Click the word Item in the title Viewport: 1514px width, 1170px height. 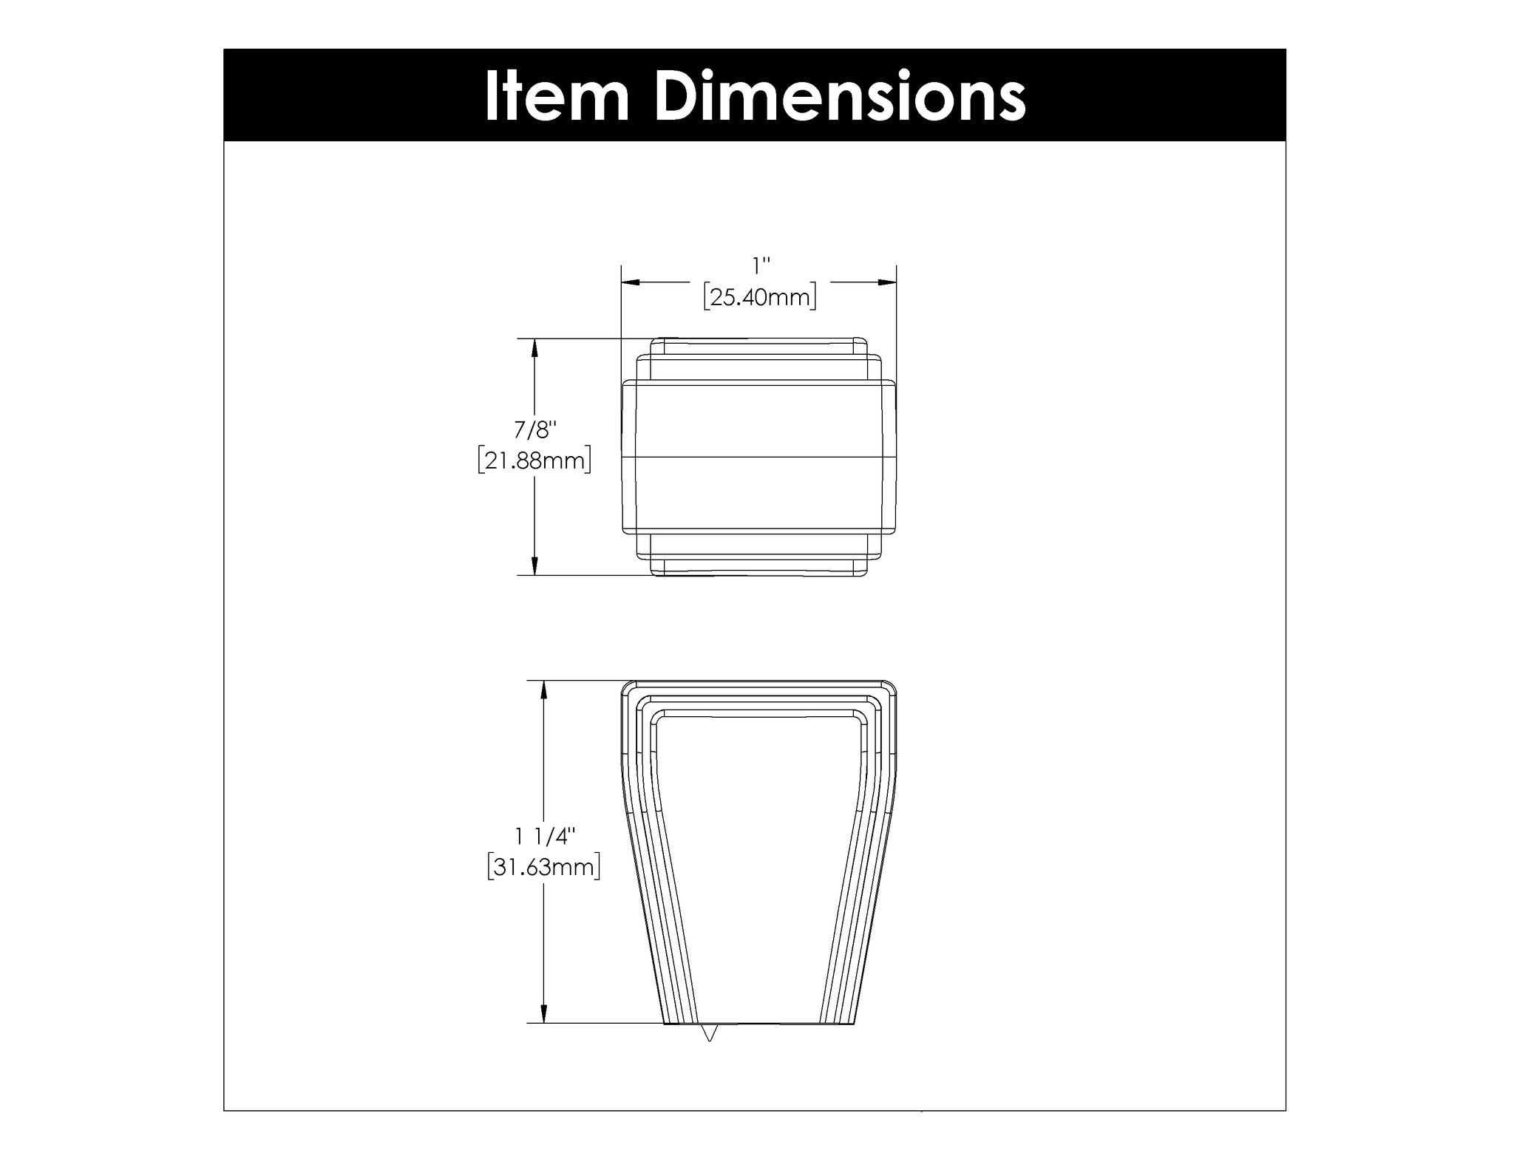[557, 96]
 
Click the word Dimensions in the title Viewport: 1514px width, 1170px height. [840, 96]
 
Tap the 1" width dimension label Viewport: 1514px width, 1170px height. [761, 265]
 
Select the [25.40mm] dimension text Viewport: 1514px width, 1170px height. [760, 297]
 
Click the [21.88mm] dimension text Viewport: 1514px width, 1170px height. [534, 460]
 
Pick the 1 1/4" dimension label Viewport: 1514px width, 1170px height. [546, 836]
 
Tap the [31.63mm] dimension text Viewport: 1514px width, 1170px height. [544, 867]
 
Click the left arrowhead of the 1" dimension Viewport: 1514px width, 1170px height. [631, 282]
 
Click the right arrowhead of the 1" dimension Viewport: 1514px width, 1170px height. [887, 282]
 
